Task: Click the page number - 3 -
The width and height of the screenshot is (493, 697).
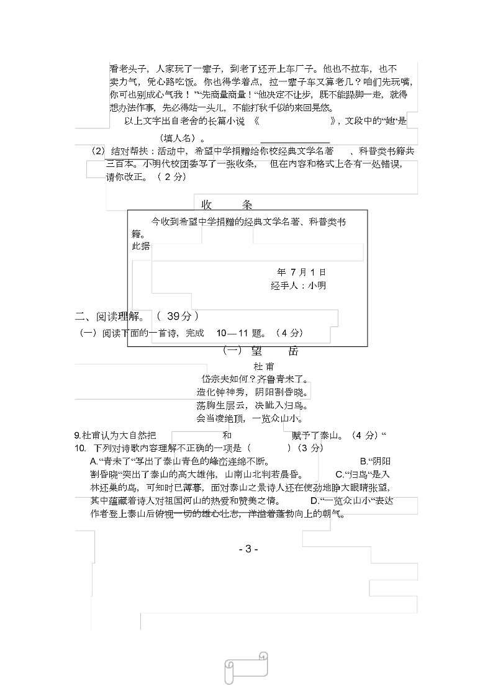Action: click(248, 549)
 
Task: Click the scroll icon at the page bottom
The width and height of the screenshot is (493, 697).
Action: click(246, 667)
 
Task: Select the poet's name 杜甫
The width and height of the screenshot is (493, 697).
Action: click(263, 367)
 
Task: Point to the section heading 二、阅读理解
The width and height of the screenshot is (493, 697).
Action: click(113, 316)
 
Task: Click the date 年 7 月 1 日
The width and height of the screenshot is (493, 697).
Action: click(301, 272)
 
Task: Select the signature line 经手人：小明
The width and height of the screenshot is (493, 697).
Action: click(298, 286)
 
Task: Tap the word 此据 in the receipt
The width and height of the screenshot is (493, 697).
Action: click(141, 246)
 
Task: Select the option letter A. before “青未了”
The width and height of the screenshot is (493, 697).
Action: click(94, 461)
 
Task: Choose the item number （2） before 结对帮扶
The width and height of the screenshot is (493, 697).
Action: click(99, 151)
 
